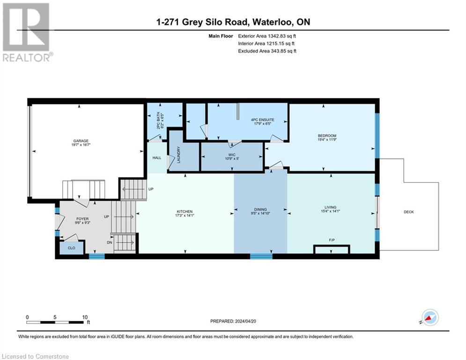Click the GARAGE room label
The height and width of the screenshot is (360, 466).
[81, 141]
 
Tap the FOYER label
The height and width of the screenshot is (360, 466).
[82, 218]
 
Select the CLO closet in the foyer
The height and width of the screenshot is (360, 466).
[71, 248]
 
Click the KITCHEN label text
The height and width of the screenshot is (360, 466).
[185, 212]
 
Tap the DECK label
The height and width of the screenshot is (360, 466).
[408, 212]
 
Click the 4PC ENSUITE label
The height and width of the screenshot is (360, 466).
[263, 120]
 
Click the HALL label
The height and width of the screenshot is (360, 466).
[157, 157]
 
